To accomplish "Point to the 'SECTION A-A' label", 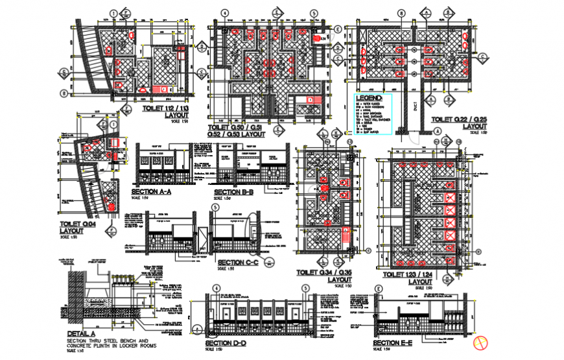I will (151, 192).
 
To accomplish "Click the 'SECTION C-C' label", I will (237, 263).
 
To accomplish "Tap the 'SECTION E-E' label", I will (395, 343).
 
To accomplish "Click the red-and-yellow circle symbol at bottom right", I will (481, 342).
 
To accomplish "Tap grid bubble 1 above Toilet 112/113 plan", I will (114, 13).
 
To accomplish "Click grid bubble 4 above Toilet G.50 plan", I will (225, 13).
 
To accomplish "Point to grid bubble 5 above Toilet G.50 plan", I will (313, 13).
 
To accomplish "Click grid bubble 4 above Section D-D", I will (215, 289).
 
